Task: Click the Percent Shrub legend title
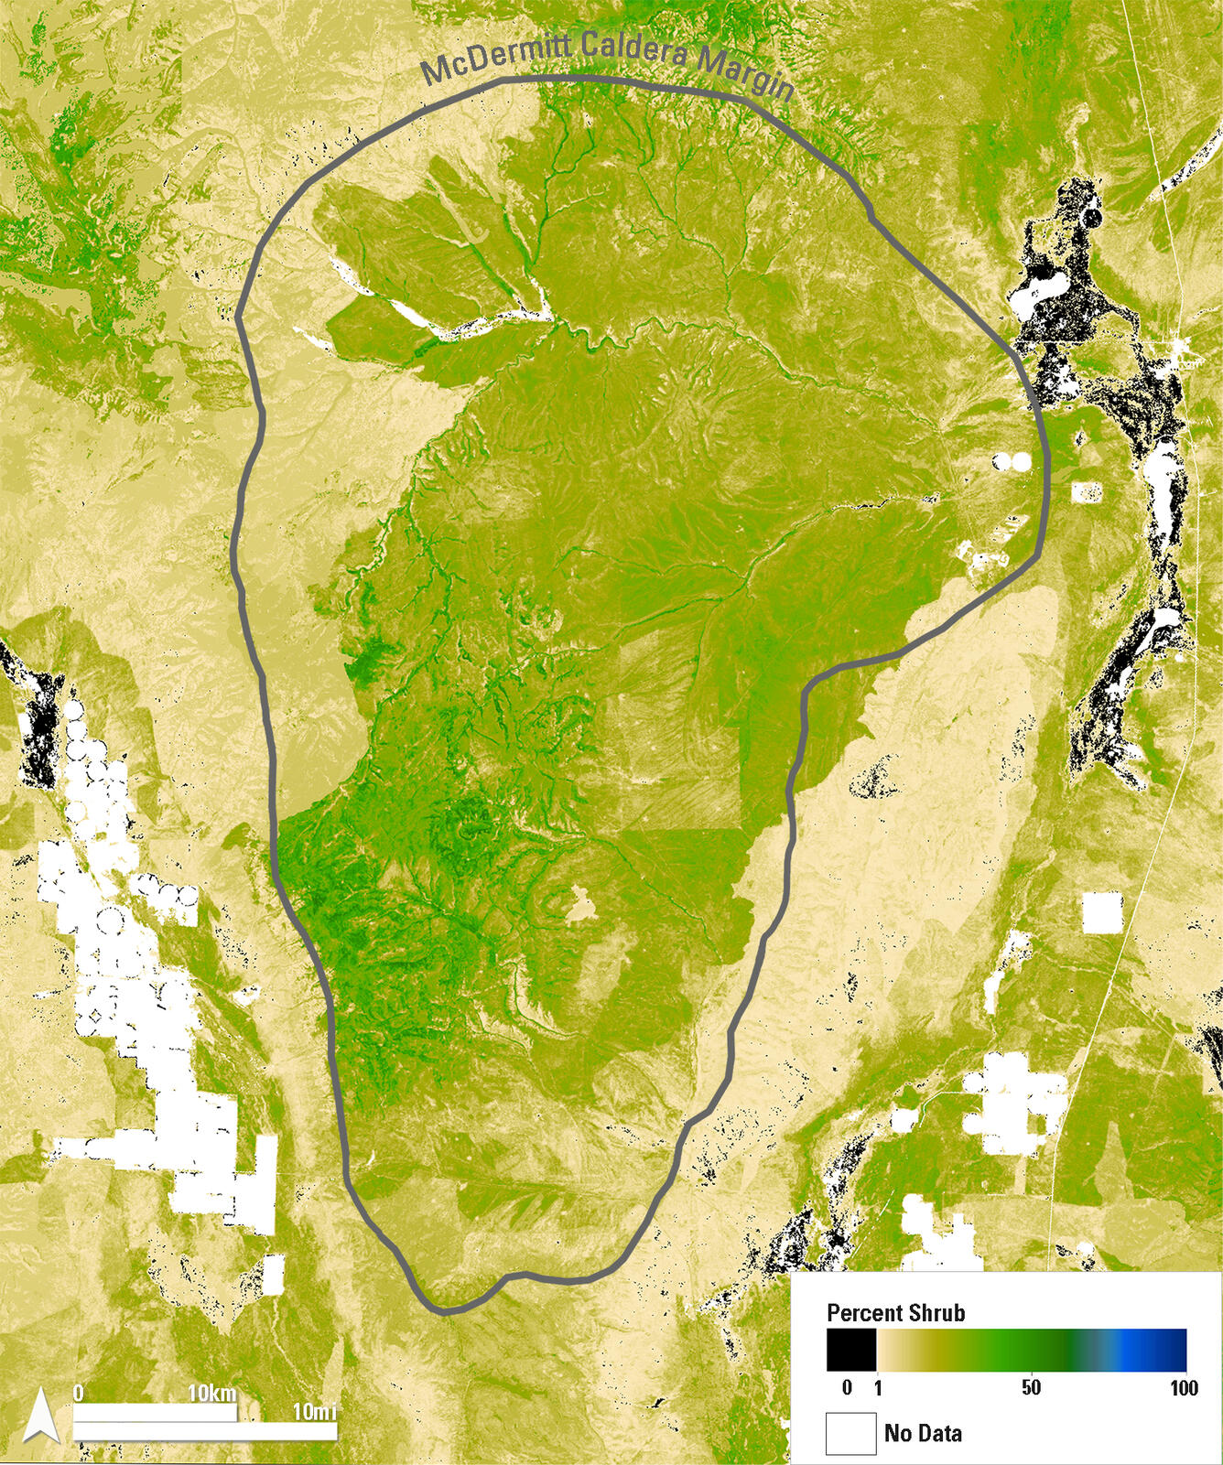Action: point(895,1313)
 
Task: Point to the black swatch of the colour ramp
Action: point(851,1350)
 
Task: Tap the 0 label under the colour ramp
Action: point(847,1388)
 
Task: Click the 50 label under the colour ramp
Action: point(1031,1388)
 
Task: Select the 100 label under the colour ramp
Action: point(1184,1388)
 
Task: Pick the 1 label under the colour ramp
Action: point(878,1388)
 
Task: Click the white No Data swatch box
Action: point(851,1433)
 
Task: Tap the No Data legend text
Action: point(923,1433)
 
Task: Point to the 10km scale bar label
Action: point(212,1395)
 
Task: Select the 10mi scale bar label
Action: point(314,1412)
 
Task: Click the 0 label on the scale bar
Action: point(79,1394)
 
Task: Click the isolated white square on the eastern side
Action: point(1101,911)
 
